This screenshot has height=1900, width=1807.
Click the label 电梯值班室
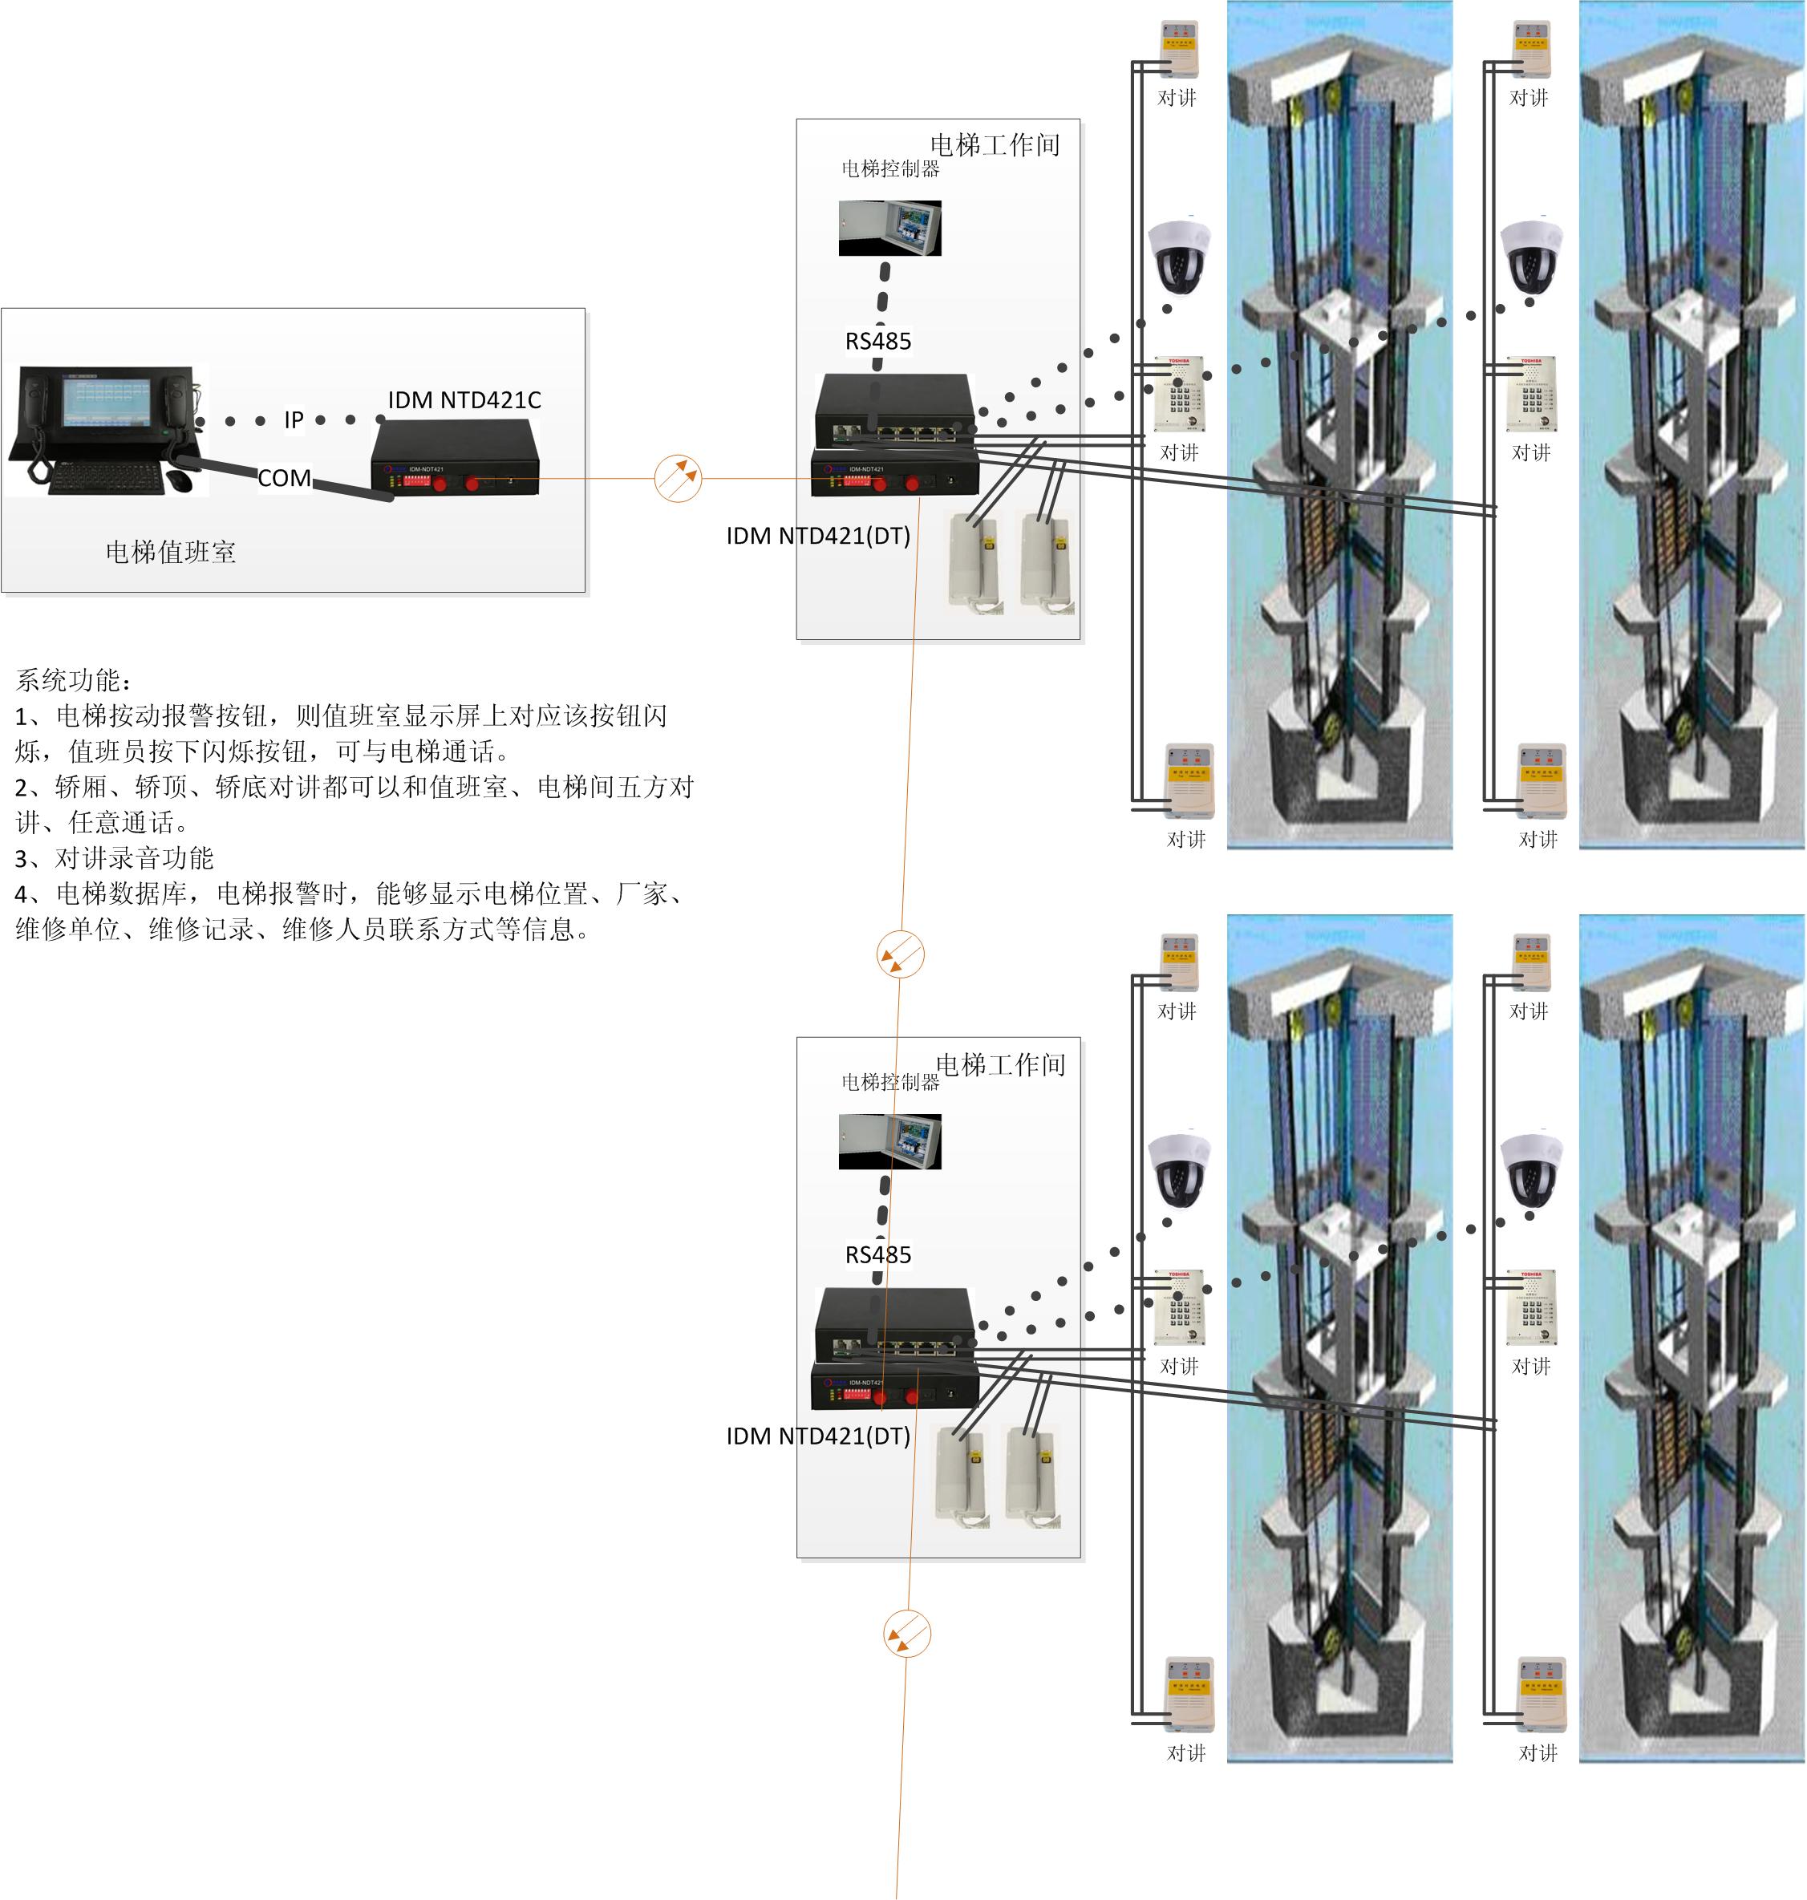click(171, 552)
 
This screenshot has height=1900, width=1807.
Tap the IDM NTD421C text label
click(464, 399)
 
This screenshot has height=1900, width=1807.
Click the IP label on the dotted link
click(294, 420)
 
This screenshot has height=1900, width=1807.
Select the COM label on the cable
click(284, 478)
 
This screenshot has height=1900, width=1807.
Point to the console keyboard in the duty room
click(105, 476)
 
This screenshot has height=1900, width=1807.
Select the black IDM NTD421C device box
click(455, 460)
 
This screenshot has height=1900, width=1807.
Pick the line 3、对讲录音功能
click(114, 858)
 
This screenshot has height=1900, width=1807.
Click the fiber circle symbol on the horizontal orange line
click(678, 478)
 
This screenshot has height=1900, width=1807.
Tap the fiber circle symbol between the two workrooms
click(901, 954)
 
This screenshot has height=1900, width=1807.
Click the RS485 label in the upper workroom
click(877, 341)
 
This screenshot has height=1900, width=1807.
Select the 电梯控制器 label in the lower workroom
click(890, 1081)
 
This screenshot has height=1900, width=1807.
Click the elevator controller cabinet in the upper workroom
click(889, 227)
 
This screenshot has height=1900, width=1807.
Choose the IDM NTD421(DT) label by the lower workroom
click(818, 1436)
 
